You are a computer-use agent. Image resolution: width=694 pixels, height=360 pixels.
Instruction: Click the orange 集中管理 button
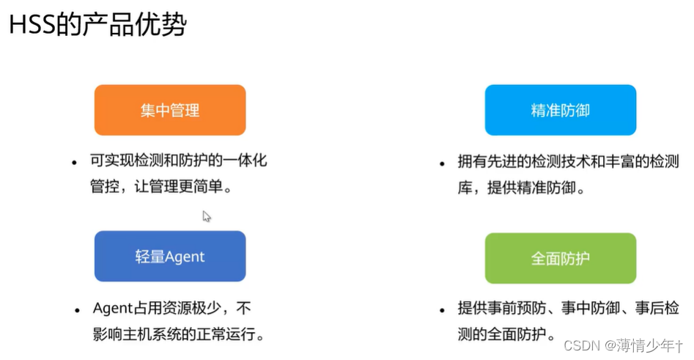[x=170, y=110]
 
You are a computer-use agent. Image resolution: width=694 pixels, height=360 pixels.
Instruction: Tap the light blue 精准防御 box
[x=560, y=110]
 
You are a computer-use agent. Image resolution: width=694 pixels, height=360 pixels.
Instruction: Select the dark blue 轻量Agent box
[x=170, y=257]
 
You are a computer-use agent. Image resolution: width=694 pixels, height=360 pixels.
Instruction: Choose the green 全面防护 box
[x=560, y=258]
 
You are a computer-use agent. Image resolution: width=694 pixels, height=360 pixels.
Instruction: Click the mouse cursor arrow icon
[x=207, y=216]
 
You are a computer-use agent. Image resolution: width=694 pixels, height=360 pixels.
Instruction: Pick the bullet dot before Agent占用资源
[x=77, y=310]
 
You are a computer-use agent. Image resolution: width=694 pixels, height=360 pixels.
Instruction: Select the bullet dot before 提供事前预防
[x=442, y=310]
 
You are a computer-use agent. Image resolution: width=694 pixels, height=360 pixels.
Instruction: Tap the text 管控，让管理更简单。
[x=160, y=187]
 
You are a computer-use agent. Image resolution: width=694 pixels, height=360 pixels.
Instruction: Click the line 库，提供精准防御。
[x=521, y=188]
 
